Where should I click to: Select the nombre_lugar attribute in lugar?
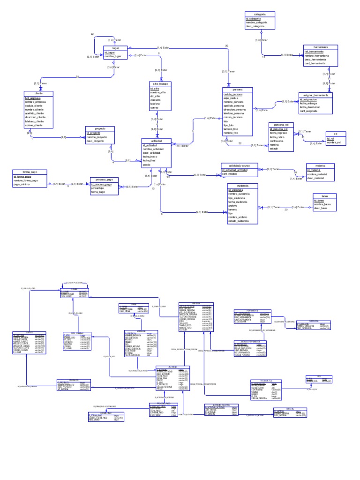coord(112,56)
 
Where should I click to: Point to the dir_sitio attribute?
coord(156,96)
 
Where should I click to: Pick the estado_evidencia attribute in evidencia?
coord(239,221)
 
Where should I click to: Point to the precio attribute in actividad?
coord(147,165)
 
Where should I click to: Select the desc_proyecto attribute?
coord(96,141)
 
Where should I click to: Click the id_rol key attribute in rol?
coord(330,138)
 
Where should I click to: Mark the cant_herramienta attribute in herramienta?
coord(315,64)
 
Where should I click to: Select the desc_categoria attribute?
coord(255,26)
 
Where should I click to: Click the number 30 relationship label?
coord(227,45)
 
